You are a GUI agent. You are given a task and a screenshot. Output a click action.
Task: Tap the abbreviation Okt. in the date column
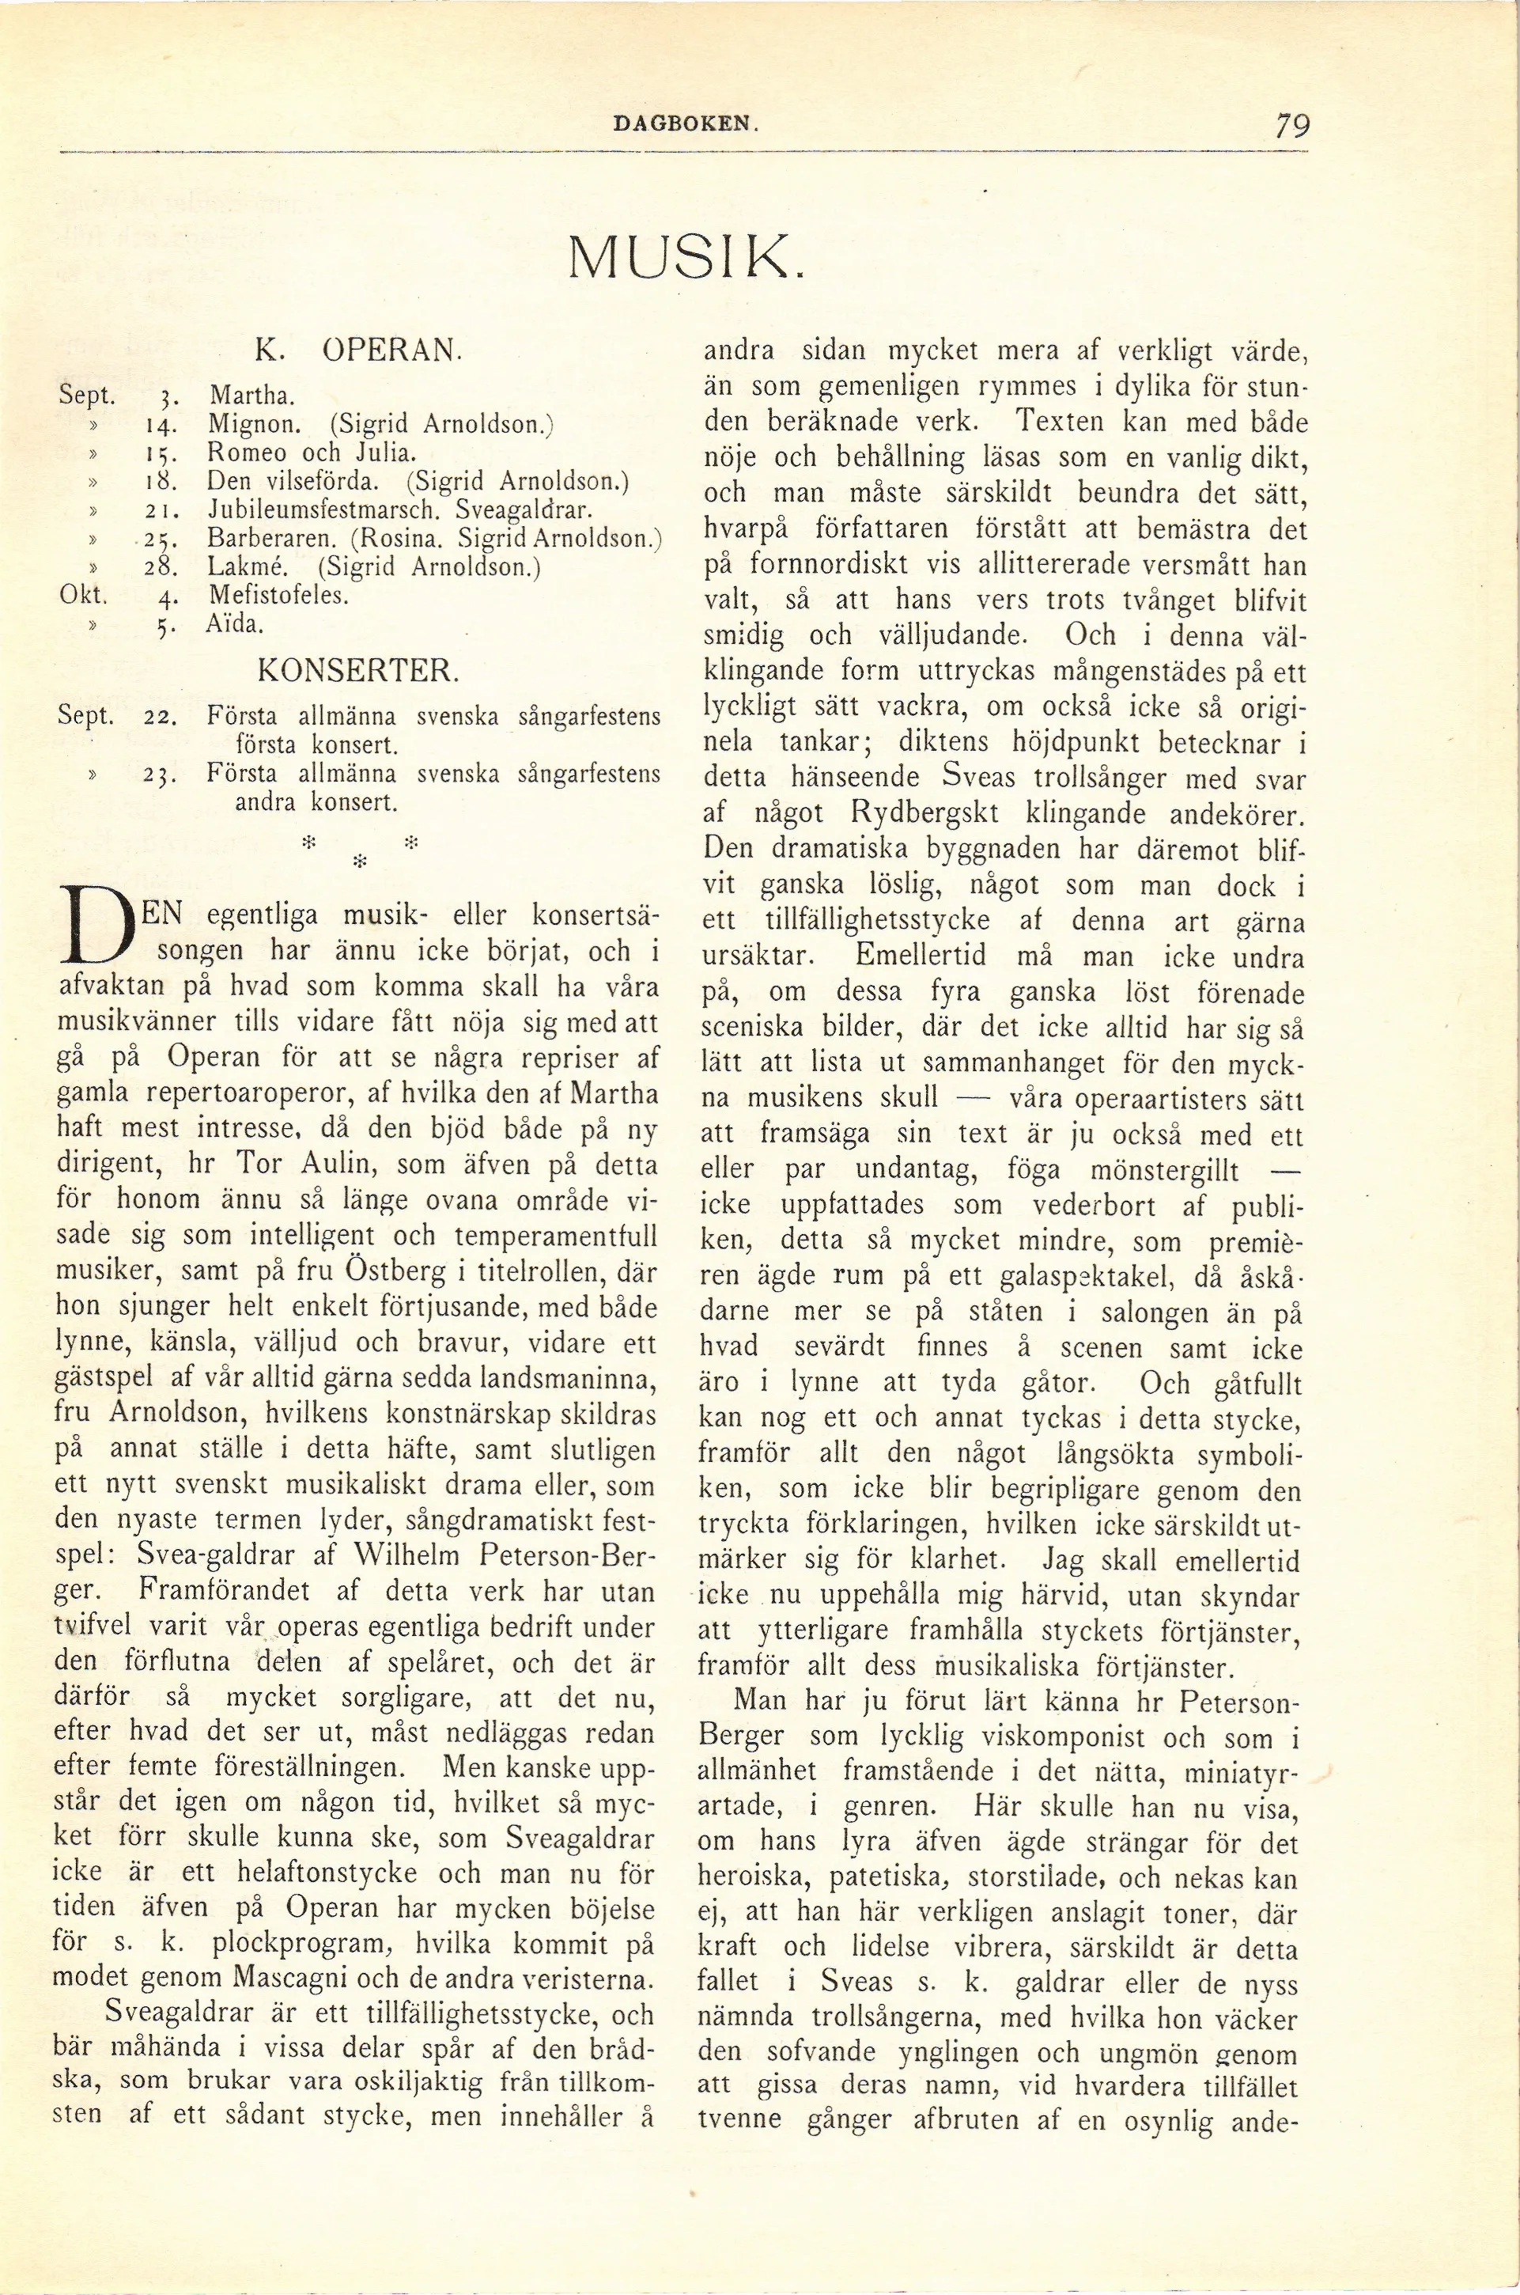[x=82, y=594]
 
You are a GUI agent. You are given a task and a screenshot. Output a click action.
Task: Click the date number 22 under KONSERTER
[x=158, y=718]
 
